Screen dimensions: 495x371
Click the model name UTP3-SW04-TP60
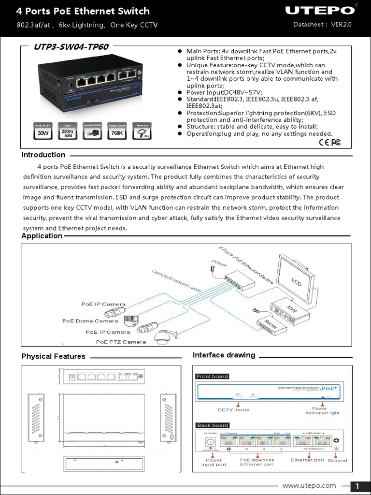pyautogui.click(x=71, y=47)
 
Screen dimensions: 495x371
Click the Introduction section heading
pyautogui.click(x=43, y=155)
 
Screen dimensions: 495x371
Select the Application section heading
pyautogui.click(x=42, y=236)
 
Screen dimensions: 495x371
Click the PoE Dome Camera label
pyautogui.click(x=90, y=321)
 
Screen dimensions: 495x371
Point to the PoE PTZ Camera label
pyautogui.click(x=121, y=342)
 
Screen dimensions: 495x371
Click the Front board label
pyautogui.click(x=213, y=376)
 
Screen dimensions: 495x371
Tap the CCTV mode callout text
pyautogui.click(x=233, y=409)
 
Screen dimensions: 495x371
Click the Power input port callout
pyautogui.click(x=214, y=463)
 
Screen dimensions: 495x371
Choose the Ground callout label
pyautogui.click(x=337, y=460)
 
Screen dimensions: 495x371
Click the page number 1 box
pyautogui.click(x=358, y=486)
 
